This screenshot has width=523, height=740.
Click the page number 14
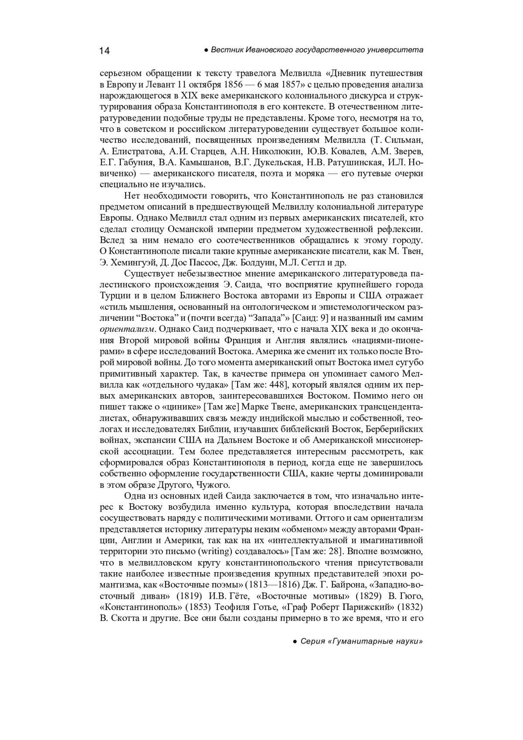point(105,51)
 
